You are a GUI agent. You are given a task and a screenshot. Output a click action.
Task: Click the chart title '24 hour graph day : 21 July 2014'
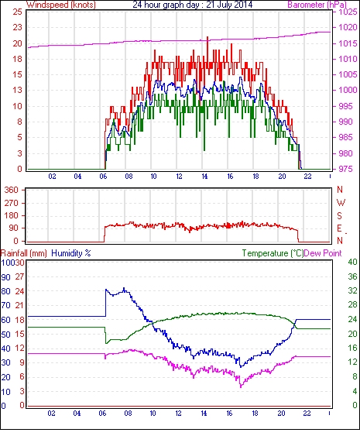[192, 5]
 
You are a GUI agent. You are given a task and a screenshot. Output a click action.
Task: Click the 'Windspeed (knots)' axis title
[61, 5]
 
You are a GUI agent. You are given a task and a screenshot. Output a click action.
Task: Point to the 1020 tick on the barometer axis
[347, 27]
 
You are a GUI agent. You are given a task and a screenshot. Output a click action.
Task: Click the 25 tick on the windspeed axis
[18, 12]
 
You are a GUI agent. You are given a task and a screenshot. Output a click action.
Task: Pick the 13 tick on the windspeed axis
[18, 90]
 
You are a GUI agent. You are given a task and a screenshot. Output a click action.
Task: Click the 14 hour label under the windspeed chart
[204, 177]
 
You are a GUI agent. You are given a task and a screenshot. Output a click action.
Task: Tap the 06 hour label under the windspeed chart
[103, 177]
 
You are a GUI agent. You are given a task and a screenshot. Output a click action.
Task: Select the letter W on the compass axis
[341, 203]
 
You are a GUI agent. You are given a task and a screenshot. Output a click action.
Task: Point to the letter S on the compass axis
[339, 215]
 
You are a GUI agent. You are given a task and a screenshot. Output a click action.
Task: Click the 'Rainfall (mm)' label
[23, 253]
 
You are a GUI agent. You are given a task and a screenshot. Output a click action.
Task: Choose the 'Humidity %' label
[71, 253]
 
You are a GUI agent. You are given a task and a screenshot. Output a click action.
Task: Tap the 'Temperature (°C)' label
[273, 253]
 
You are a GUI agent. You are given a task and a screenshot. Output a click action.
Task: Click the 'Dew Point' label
[323, 253]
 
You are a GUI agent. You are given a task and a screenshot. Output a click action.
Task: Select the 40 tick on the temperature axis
[352, 262]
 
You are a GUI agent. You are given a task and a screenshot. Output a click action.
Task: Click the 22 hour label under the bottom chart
[307, 414]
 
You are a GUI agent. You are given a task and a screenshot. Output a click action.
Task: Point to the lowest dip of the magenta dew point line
[241, 386]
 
